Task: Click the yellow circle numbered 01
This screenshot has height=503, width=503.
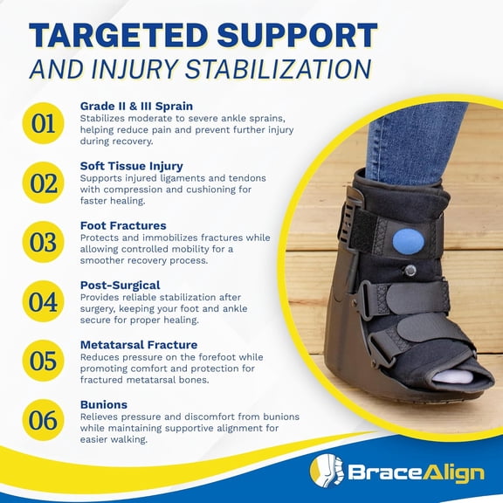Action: pos(44,122)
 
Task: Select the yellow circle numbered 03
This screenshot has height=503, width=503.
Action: pos(44,242)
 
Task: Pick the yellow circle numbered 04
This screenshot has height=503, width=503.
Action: pos(44,301)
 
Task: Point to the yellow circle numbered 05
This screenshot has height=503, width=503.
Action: pos(44,361)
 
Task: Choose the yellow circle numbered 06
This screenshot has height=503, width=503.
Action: pos(44,421)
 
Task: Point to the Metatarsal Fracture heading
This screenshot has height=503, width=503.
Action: pos(138,344)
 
